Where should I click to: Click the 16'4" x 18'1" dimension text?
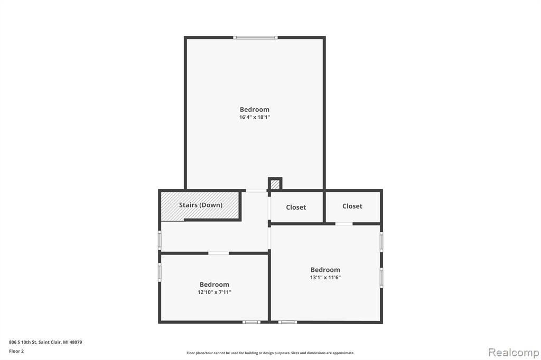(x=255, y=117)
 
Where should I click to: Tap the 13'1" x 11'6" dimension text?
(x=325, y=277)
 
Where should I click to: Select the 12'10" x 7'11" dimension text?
(x=214, y=292)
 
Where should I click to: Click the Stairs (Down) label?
(x=200, y=205)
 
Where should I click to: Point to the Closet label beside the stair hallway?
(x=296, y=207)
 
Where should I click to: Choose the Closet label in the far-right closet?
(x=352, y=206)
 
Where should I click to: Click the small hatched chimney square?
(x=275, y=184)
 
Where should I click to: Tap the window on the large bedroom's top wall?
(x=255, y=37)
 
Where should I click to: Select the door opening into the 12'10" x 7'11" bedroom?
(x=218, y=253)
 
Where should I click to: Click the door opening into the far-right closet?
(x=344, y=224)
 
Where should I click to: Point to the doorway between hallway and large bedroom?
(x=256, y=191)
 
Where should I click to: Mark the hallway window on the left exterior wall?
(x=160, y=240)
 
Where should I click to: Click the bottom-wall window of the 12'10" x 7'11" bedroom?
(x=251, y=322)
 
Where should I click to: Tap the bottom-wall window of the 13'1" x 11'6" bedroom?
(x=287, y=322)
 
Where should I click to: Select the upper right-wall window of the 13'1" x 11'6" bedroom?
(x=381, y=242)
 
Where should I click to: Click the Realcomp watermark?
(x=514, y=353)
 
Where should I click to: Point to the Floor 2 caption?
(x=16, y=351)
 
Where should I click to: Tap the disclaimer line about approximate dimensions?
(x=270, y=353)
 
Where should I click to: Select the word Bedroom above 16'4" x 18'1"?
(x=255, y=109)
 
